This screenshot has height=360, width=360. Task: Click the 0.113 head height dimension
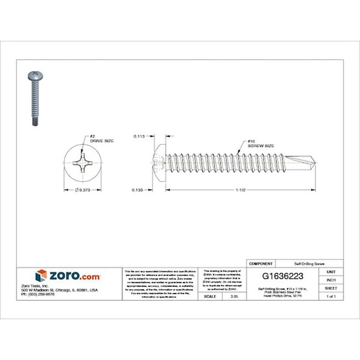(140, 138)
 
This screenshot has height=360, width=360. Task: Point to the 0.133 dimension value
(140, 190)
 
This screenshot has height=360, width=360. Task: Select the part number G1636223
(283, 276)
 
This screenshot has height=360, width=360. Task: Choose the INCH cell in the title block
(331, 279)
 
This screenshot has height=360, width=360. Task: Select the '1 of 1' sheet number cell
(331, 296)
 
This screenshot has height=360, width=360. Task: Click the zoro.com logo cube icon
(41, 275)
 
